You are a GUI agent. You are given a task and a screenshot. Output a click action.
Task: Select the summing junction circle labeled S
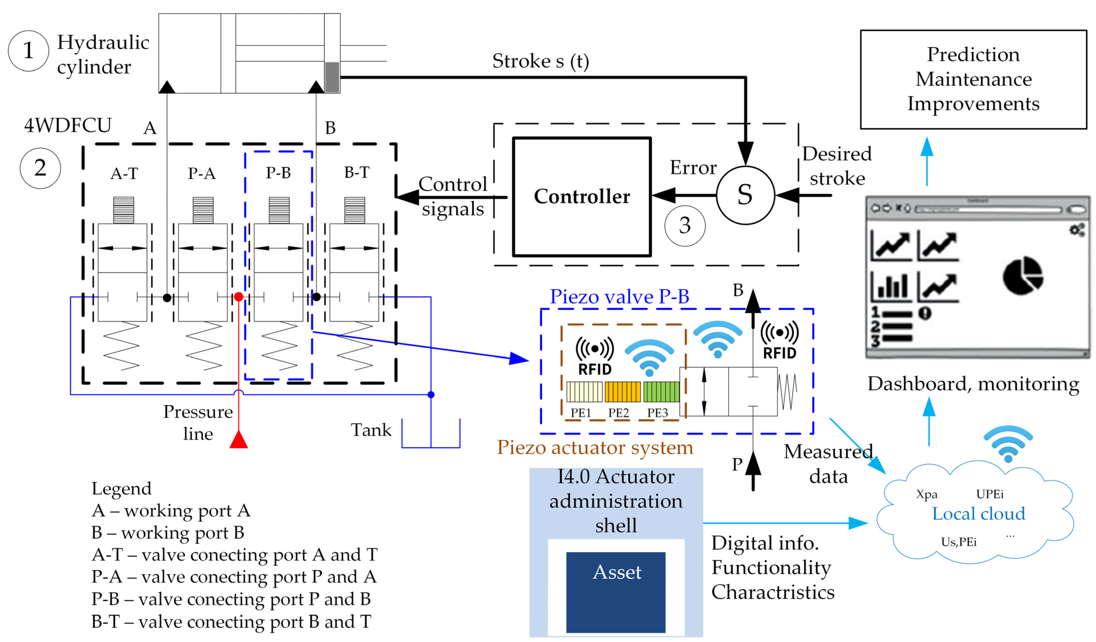(x=745, y=195)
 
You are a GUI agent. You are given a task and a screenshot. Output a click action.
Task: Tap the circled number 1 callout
(x=28, y=51)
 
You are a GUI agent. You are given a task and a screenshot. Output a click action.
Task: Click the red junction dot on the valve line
(x=238, y=297)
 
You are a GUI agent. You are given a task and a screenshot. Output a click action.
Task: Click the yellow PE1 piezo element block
(x=584, y=392)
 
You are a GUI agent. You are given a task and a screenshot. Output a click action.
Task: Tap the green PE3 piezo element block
(x=661, y=392)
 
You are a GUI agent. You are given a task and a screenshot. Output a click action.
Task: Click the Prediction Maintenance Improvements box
(x=973, y=79)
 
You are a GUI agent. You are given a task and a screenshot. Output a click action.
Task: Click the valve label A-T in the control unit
(x=124, y=174)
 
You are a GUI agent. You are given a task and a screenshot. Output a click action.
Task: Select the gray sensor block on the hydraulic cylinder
(x=332, y=77)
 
